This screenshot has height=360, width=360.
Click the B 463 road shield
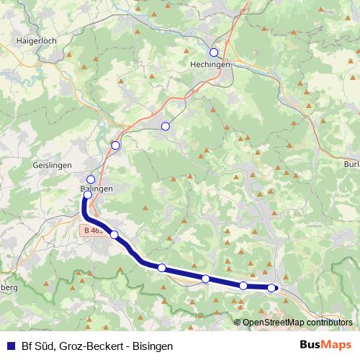coord(92,230)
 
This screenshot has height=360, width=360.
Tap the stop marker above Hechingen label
coord(213,52)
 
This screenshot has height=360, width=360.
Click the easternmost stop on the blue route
coord(271,288)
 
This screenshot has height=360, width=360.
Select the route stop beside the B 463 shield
coord(114,235)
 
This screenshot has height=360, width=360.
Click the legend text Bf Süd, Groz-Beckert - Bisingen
coord(96,346)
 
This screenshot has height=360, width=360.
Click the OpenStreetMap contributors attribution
coord(293,322)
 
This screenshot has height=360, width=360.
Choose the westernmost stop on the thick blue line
coord(87,194)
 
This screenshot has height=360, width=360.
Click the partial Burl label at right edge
coord(351,165)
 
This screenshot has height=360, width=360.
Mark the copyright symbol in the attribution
coord(238,322)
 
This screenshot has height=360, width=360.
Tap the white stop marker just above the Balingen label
coord(91,179)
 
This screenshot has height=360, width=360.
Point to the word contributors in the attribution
coord(328,322)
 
